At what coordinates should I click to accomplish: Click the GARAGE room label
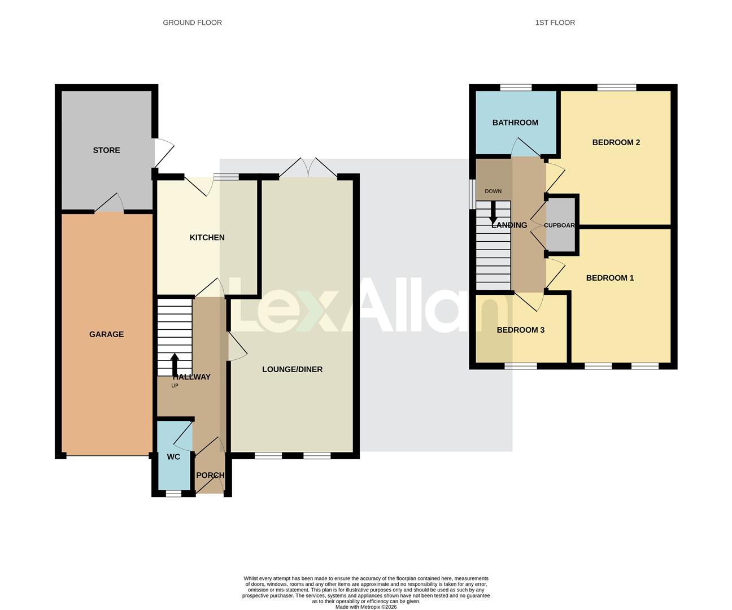[106, 334]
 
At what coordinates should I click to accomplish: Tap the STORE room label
[106, 150]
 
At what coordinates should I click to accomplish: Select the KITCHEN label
[207, 238]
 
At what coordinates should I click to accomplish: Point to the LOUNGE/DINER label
[292, 369]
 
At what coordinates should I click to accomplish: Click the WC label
[173, 456]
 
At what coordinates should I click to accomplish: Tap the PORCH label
[210, 476]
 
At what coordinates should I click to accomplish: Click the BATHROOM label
[515, 123]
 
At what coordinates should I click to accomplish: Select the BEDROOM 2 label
[616, 142]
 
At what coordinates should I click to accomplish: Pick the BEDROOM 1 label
[609, 278]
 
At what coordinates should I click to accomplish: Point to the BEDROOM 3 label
[520, 330]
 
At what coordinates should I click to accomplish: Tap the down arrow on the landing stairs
[493, 212]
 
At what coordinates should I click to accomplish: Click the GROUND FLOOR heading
[192, 23]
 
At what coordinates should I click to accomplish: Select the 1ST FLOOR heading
[555, 23]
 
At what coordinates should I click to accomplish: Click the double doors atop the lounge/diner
[308, 168]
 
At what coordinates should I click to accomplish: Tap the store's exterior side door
[162, 152]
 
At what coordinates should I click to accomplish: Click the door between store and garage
[109, 204]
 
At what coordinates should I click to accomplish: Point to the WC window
[173, 494]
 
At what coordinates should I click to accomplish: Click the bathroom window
[516, 88]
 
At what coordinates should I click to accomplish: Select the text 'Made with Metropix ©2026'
[366, 607]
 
